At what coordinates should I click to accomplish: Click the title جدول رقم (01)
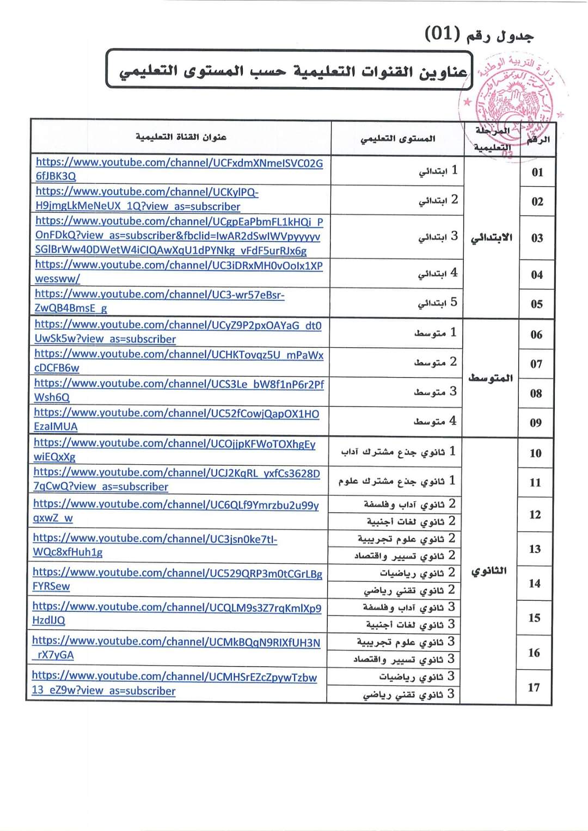tap(479, 35)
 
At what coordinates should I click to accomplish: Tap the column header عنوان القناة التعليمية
tap(181, 137)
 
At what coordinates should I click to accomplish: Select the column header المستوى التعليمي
tap(397, 139)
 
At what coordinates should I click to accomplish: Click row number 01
tap(537, 173)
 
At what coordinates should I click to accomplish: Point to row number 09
tap(536, 423)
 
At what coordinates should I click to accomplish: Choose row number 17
tap(534, 687)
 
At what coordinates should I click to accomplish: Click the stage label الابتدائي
tap(491, 238)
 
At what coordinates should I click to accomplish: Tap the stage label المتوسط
tap(491, 378)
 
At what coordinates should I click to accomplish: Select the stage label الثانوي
tap(489, 571)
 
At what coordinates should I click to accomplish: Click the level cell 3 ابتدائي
tap(438, 237)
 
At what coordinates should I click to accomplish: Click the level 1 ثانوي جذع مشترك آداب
tap(398, 452)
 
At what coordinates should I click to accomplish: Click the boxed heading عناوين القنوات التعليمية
tap(293, 71)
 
